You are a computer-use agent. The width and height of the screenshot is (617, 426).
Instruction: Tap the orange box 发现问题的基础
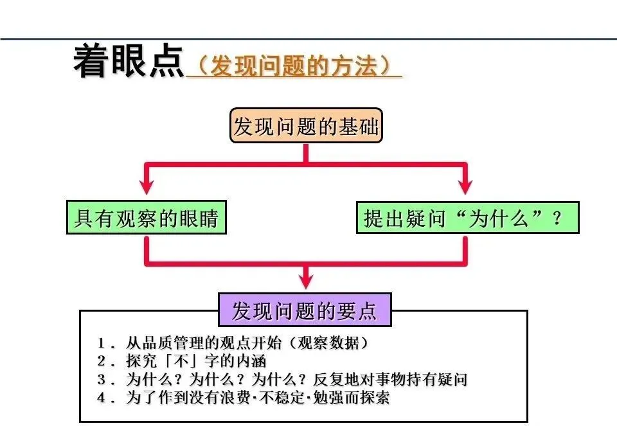[305, 127]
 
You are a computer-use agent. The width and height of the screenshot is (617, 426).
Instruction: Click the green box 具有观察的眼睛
[147, 218]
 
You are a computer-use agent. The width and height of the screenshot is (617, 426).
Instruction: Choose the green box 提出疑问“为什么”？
[467, 218]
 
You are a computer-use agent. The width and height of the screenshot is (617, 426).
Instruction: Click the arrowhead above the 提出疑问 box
[465, 185]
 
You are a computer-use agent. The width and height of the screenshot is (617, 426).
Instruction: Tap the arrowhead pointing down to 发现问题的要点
[307, 281]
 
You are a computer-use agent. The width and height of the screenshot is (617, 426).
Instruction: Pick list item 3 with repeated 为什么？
[283, 379]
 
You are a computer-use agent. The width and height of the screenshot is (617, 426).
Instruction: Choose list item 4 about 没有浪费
[244, 398]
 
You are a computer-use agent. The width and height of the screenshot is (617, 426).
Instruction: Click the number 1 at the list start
[102, 342]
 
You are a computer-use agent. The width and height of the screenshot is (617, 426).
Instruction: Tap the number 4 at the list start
[102, 398]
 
